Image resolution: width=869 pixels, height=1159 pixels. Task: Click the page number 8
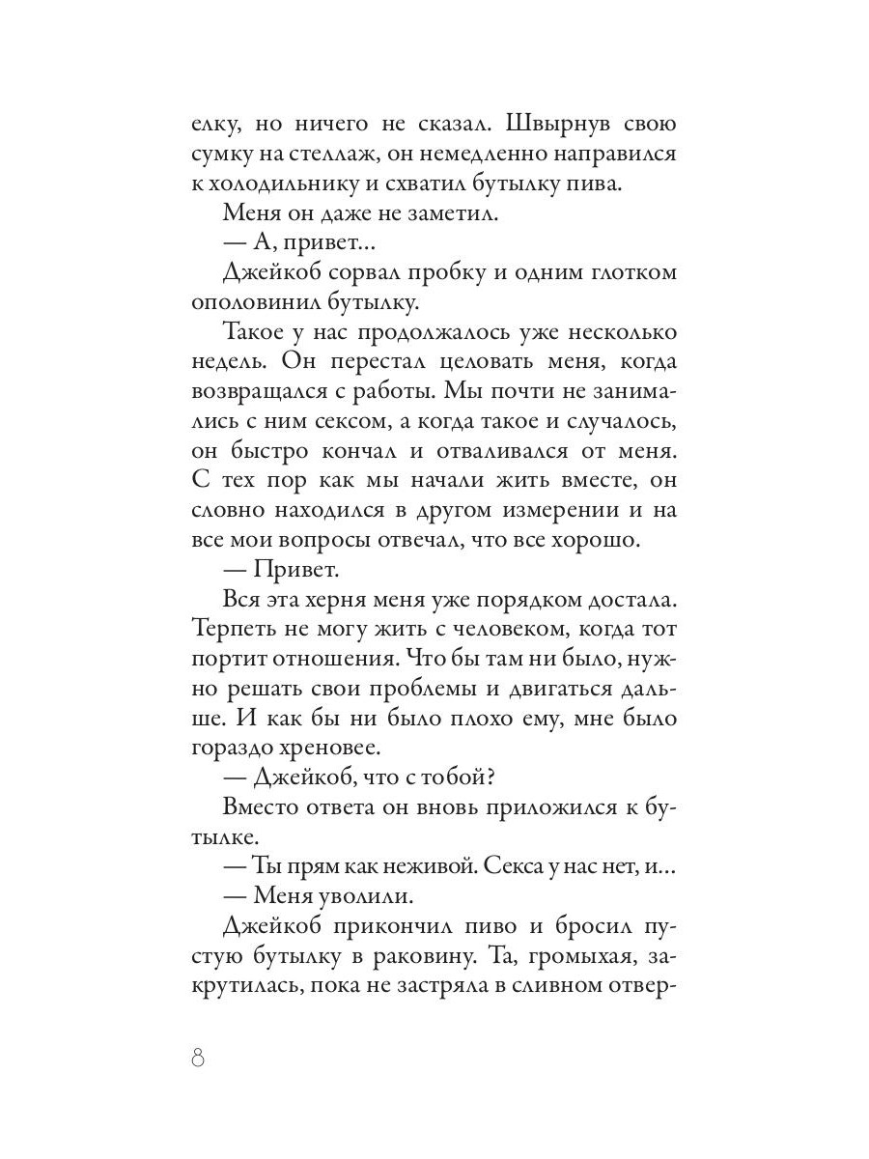point(200,1057)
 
